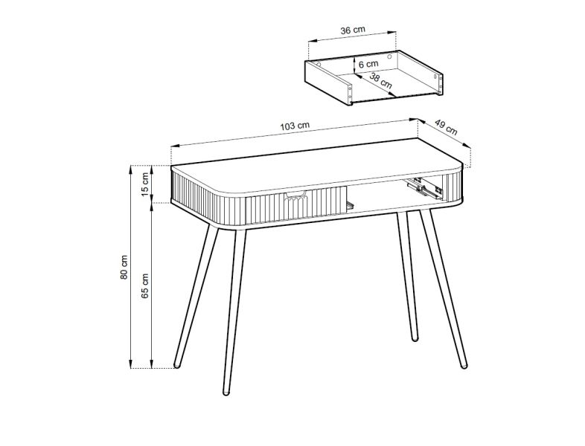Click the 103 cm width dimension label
point(295,126)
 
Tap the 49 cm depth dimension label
point(447,128)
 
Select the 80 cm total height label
point(124,267)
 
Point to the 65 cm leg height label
point(145,285)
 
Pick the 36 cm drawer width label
point(353,30)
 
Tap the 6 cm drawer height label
point(368,65)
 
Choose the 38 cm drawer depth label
point(380,81)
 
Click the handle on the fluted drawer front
point(296,195)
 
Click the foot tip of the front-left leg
point(226,392)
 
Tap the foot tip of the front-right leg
point(464,366)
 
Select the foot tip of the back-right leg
point(415,338)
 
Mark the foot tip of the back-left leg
point(177,365)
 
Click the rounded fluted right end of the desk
point(454,187)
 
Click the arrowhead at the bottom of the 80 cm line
point(130,364)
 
